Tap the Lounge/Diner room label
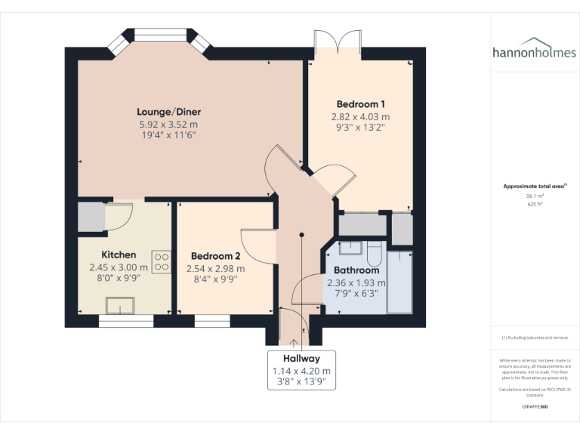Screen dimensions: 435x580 coord(169,112)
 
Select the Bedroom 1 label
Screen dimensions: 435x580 coord(360,104)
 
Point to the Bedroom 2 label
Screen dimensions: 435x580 coord(216,256)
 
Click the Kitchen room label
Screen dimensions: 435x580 coord(119,255)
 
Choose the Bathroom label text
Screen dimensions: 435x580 coord(356,270)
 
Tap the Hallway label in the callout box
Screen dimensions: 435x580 coord(301,359)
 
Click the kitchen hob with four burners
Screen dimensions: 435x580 coord(161,261)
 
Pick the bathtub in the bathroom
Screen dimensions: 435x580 coord(399,282)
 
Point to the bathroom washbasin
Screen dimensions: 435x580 coord(350,247)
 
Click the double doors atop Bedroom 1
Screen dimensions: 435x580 coord(337,44)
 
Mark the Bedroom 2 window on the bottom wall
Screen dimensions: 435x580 coord(211,321)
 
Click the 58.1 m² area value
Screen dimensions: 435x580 coord(535,196)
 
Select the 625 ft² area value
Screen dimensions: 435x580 coord(535,204)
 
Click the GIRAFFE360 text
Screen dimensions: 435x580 coord(535,407)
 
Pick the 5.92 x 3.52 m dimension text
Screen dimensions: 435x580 coord(168,125)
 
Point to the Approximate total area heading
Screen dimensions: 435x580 coord(535,186)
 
